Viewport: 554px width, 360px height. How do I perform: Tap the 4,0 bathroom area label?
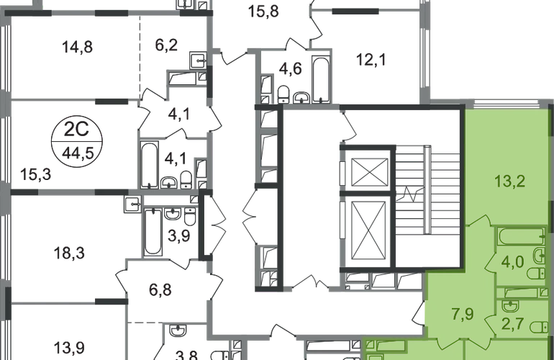pos(512,261)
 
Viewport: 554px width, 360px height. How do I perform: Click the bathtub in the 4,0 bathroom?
pos(520,236)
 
